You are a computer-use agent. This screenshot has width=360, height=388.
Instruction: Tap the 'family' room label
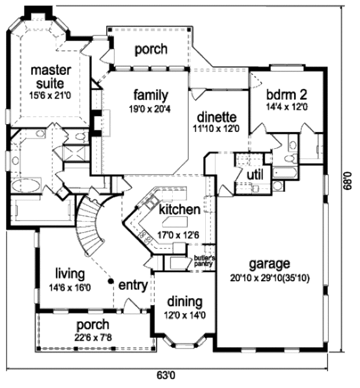point(151,95)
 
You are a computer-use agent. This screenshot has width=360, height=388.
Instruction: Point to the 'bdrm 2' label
point(287,94)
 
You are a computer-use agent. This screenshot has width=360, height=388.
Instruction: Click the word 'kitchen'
point(179,209)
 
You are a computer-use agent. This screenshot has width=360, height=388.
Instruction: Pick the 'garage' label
point(269,263)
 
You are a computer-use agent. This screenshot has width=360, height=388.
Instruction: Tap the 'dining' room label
point(184,302)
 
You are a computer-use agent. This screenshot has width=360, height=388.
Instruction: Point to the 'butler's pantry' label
point(204,260)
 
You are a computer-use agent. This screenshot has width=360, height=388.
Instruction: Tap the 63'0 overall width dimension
point(169,375)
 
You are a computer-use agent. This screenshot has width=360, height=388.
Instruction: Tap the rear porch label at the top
point(151,49)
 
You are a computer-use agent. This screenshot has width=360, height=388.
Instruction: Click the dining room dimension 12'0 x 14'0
point(184,314)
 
